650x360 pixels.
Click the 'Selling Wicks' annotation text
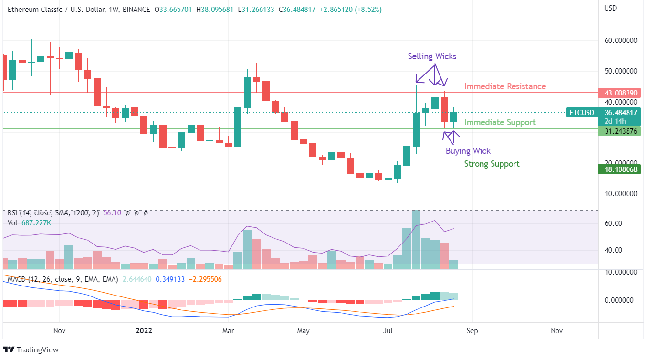(432, 56)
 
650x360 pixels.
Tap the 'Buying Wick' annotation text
(468, 151)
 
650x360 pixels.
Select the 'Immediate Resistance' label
(505, 86)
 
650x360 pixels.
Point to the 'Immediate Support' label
(500, 122)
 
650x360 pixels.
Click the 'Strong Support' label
(492, 164)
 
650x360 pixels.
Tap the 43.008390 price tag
(619, 93)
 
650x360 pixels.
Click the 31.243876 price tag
(619, 131)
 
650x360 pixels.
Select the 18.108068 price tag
(619, 169)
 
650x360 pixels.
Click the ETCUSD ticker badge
(582, 113)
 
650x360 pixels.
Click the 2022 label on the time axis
(144, 330)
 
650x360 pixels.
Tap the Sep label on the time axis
(472, 330)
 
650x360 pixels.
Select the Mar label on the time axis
(228, 330)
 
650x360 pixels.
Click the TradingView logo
(31, 349)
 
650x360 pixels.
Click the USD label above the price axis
(610, 8)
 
